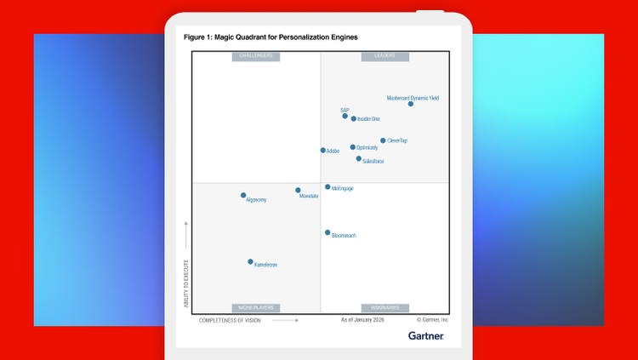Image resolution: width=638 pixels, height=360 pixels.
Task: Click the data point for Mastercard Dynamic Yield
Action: [x=411, y=104]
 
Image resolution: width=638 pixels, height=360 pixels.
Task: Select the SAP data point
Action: [x=345, y=116]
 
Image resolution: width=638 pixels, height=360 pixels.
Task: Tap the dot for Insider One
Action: [x=354, y=119]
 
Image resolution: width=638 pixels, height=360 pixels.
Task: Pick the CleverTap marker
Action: [x=383, y=140]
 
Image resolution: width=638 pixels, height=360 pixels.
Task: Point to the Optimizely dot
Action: [x=353, y=147]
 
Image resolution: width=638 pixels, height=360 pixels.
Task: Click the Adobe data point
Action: [x=323, y=151]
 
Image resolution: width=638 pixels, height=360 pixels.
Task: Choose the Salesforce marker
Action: [x=359, y=158]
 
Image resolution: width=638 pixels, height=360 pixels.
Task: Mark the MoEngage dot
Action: [x=328, y=187]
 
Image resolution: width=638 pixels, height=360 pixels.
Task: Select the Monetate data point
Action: [x=298, y=191]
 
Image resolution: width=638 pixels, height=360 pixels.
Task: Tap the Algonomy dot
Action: [x=243, y=196]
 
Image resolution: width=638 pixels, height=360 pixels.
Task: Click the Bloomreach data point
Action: [x=328, y=232]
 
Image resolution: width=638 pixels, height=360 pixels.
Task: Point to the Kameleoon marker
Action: [x=250, y=262]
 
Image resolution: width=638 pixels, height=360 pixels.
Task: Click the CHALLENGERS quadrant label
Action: [x=256, y=56]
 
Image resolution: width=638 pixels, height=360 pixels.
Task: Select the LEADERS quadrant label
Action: [x=385, y=56]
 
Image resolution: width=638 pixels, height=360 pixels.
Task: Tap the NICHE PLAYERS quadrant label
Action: [x=256, y=308]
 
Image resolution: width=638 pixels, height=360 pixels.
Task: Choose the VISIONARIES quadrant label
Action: [x=385, y=308]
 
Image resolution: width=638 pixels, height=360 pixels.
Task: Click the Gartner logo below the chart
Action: [x=425, y=335]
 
